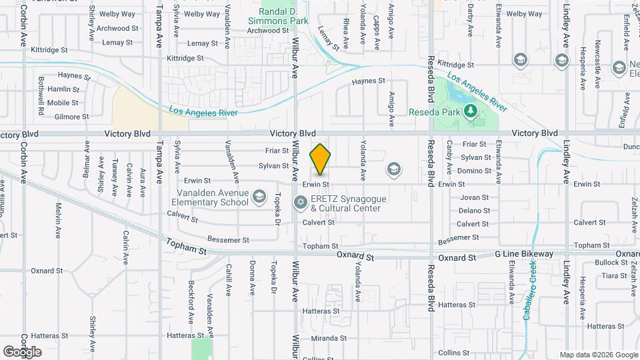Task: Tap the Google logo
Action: click(22, 352)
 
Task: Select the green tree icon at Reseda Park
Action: click(471, 109)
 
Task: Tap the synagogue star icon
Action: click(301, 201)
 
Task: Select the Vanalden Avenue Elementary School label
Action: click(210, 197)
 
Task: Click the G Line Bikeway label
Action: click(524, 254)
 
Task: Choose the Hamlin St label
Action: click(63, 89)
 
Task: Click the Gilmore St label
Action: click(72, 117)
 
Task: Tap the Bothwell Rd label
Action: click(41, 94)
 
